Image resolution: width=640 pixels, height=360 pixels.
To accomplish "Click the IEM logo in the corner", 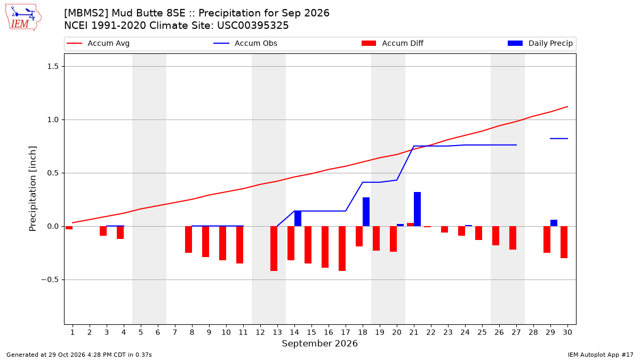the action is point(23,18).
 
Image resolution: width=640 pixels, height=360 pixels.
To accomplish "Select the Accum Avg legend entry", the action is point(98,43).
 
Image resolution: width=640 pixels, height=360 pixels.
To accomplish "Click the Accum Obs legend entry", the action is point(245,43).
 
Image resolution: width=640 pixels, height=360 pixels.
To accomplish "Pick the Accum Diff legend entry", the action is point(393,43).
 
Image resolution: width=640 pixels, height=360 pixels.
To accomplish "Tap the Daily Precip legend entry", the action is point(540,43).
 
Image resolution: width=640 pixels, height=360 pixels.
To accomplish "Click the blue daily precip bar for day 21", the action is point(417,209).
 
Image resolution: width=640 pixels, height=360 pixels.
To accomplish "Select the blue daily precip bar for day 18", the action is point(366,212).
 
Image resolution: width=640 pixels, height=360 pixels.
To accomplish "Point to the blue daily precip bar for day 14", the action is point(298,219).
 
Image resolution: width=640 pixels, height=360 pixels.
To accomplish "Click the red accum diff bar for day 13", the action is point(274,249).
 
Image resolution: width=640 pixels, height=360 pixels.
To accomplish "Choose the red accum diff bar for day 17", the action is point(342,249).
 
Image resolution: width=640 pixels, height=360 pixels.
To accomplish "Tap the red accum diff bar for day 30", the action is point(564,242).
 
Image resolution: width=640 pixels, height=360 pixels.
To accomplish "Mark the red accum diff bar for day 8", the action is point(189,239).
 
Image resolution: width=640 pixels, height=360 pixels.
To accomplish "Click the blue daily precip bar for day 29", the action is point(554,223).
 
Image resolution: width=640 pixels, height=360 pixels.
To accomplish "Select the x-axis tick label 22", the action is point(430,332).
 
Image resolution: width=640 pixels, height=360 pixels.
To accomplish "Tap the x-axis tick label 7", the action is point(175,332).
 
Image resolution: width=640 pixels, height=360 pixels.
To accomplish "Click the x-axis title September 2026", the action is point(319,343).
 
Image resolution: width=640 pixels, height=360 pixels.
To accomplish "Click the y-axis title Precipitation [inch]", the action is point(33,189).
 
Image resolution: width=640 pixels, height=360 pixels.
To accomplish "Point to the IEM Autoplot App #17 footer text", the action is point(601,355).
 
